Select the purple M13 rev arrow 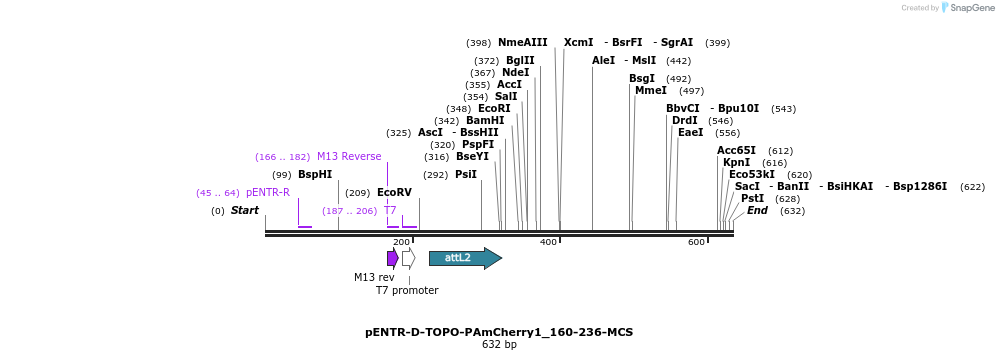[393, 258]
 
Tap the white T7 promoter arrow [408, 258]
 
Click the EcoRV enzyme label [394, 192]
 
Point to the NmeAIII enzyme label [523, 42]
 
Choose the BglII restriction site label [520, 60]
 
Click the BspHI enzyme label [315, 174]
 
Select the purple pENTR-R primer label [268, 192]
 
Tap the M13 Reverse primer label [349, 156]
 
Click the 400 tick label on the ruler [548, 243]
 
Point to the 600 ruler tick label [696, 243]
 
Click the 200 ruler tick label [401, 243]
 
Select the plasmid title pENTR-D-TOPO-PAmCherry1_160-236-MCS [499, 332]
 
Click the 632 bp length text [499, 345]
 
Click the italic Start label [245, 210]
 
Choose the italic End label [757, 210]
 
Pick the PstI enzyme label [753, 198]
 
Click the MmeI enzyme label [651, 90]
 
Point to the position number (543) [784, 108]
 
